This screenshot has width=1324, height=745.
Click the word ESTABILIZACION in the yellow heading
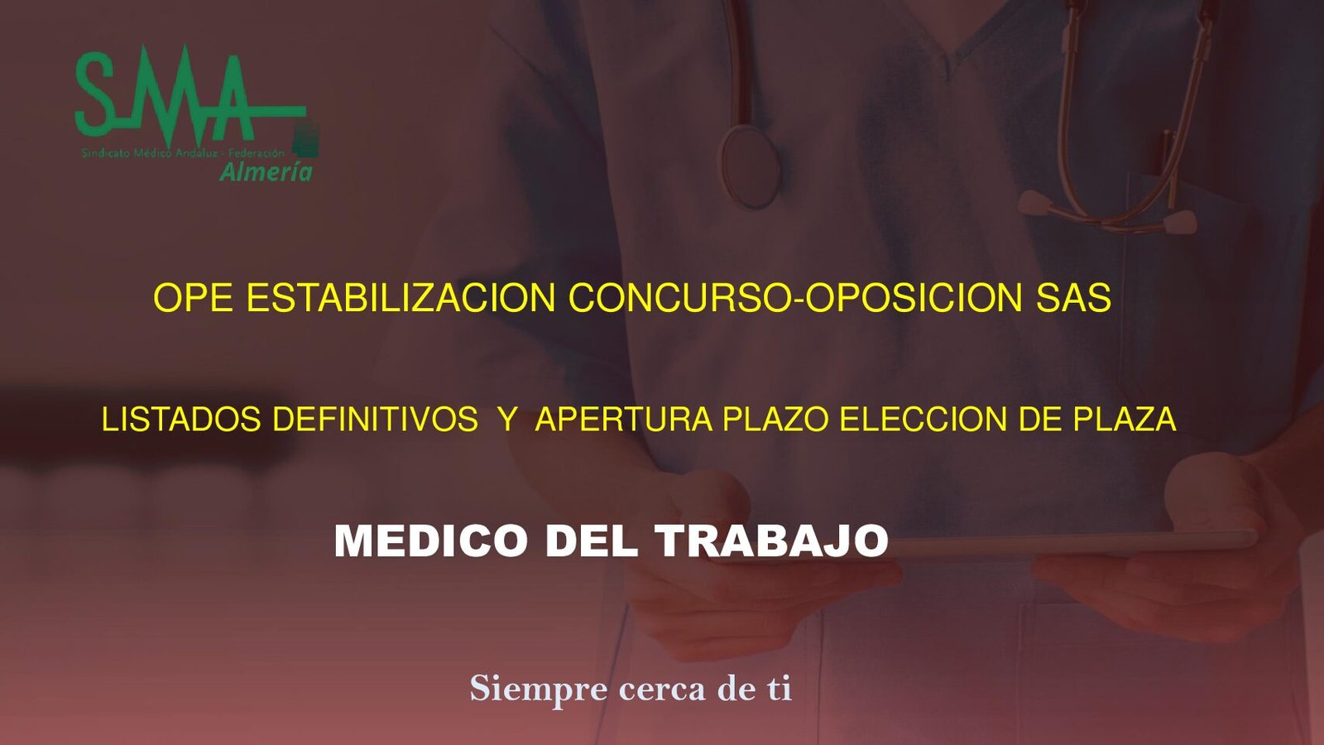tap(401, 298)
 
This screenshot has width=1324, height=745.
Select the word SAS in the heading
tap(1073, 298)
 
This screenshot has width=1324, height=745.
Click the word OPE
tap(193, 298)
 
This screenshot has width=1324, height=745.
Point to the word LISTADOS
tap(181, 420)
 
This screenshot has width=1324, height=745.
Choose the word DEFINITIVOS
tap(375, 420)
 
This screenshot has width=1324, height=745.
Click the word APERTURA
tap(624, 420)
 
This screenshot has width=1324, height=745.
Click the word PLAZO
tap(775, 420)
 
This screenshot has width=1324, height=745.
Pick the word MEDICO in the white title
tap(431, 541)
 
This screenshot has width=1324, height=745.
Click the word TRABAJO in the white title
tap(772, 541)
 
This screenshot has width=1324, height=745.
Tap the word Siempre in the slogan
tap(539, 689)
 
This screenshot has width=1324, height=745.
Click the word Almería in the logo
tap(266, 171)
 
